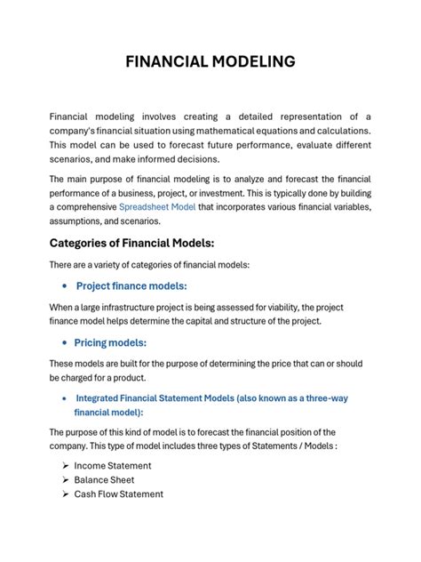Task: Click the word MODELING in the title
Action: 256,62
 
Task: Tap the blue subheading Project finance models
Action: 131,285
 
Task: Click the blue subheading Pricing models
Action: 110,342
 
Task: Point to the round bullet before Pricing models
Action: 66,343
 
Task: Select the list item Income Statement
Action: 113,465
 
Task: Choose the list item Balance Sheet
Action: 104,479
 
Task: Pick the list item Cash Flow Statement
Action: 119,494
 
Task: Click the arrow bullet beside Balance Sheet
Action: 66,480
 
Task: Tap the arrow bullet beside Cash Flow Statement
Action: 66,494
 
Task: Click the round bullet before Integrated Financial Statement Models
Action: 65,399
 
